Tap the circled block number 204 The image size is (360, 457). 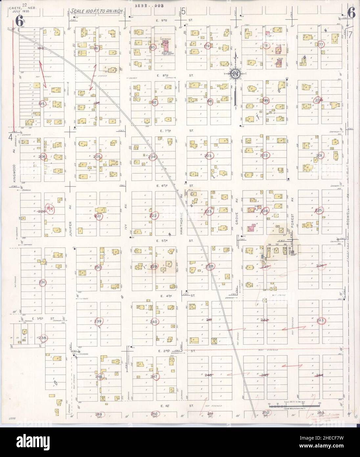coord(153,157)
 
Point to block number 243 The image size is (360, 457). coord(321,320)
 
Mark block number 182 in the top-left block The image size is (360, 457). coord(41,48)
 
